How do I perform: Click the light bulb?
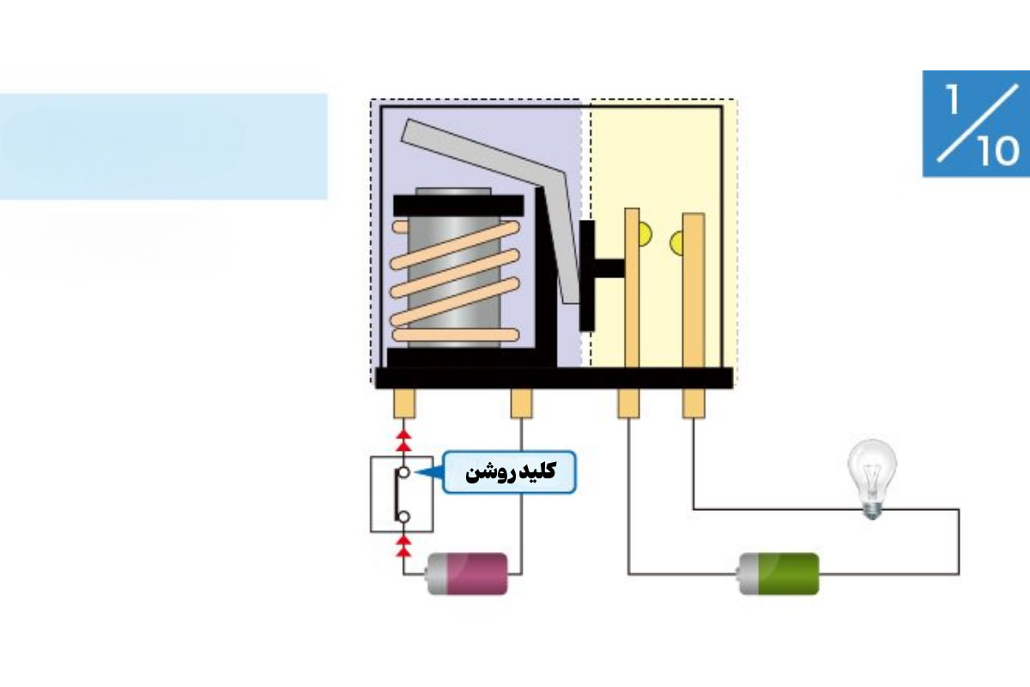point(872,479)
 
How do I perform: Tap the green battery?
point(779,574)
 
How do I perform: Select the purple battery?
point(467,574)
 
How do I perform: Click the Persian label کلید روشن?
point(511,472)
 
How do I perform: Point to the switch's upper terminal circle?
point(403,472)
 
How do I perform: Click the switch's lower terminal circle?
point(403,517)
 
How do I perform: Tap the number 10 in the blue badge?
point(997,150)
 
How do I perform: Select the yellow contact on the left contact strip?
point(645,234)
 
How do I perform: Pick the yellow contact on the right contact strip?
point(676,243)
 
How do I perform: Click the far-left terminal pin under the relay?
point(404,403)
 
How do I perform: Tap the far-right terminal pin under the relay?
point(694,403)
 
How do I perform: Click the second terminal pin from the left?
point(522,403)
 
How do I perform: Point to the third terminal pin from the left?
point(628,403)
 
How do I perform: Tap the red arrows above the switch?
point(403,440)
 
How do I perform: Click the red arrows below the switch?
point(403,545)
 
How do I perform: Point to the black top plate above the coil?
point(458,206)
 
